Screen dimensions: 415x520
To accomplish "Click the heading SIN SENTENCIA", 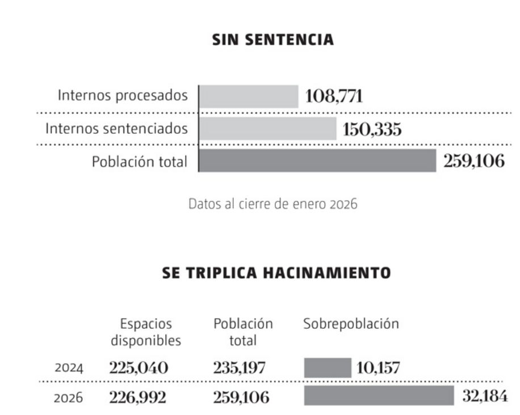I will click(272, 40).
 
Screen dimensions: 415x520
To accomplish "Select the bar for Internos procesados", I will click(249, 96).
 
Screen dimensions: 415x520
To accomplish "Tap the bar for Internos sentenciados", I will click(268, 129).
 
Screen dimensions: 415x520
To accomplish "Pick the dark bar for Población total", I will click(318, 161).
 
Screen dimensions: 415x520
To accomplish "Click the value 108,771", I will click(334, 96).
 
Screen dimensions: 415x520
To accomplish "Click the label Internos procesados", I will click(122, 96).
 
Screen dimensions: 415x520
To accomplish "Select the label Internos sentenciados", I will click(116, 129).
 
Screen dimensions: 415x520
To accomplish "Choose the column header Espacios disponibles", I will click(146, 332).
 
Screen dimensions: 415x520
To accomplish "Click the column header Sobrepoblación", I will click(351, 324).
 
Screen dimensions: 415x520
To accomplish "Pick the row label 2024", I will click(69, 369).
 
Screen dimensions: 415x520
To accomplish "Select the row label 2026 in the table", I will click(69, 398).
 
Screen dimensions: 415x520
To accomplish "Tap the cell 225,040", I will click(139, 369).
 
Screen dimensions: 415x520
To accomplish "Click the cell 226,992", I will click(138, 397).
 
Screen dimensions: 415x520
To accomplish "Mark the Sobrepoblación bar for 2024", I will click(328, 368).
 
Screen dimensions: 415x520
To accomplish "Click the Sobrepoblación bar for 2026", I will click(379, 396).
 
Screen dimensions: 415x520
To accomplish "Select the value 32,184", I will click(484, 396).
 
